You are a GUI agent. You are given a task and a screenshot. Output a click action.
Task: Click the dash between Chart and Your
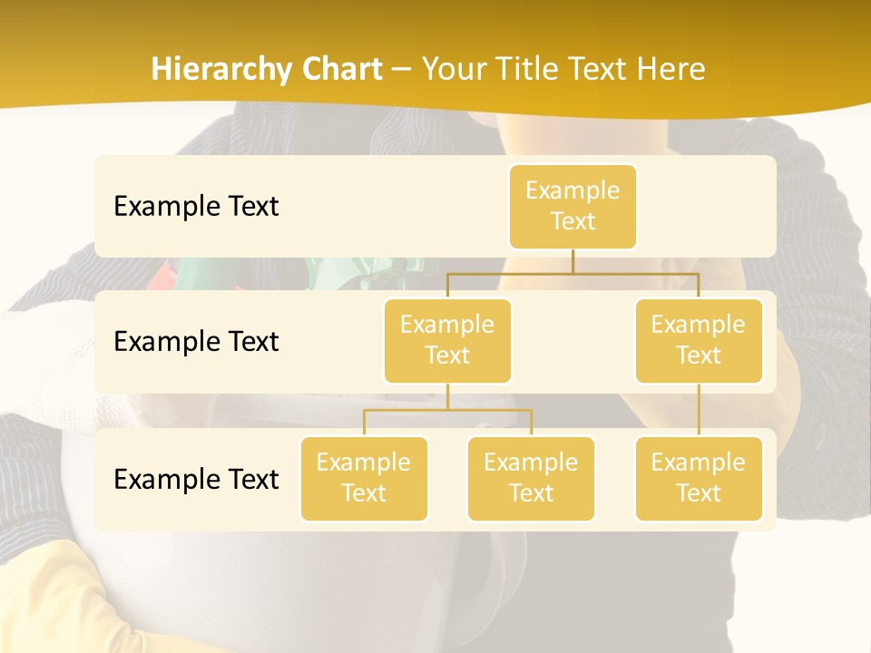[401, 69]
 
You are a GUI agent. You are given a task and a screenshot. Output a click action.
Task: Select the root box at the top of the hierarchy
[573, 207]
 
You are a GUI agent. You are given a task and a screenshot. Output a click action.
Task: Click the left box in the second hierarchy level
[447, 340]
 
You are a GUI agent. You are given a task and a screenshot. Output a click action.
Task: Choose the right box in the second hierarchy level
[699, 340]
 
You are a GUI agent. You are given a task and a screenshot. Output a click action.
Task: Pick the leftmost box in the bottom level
[364, 478]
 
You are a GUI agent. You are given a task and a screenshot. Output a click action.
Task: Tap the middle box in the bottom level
[531, 478]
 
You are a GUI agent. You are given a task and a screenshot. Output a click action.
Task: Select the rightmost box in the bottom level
[699, 478]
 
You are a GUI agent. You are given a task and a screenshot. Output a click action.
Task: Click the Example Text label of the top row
[196, 206]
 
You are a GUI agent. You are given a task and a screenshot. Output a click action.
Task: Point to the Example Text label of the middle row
[196, 341]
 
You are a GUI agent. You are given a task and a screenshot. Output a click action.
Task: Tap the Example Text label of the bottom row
[196, 479]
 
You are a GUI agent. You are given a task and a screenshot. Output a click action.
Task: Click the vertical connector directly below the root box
[573, 261]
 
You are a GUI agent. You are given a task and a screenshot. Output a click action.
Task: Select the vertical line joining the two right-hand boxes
[699, 410]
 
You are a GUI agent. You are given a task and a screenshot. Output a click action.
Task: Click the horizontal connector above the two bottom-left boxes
[447, 410]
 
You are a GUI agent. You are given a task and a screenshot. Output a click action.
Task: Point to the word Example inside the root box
[573, 190]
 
